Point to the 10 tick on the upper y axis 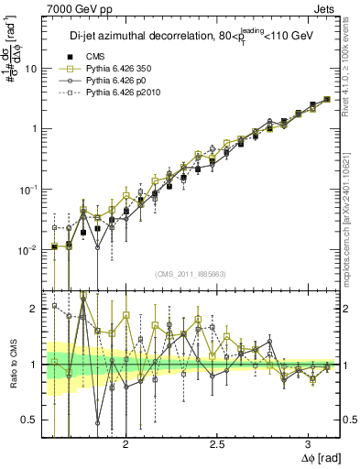31,69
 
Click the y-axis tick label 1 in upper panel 35,129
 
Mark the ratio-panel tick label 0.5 31,420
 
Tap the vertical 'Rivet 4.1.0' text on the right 352,55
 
